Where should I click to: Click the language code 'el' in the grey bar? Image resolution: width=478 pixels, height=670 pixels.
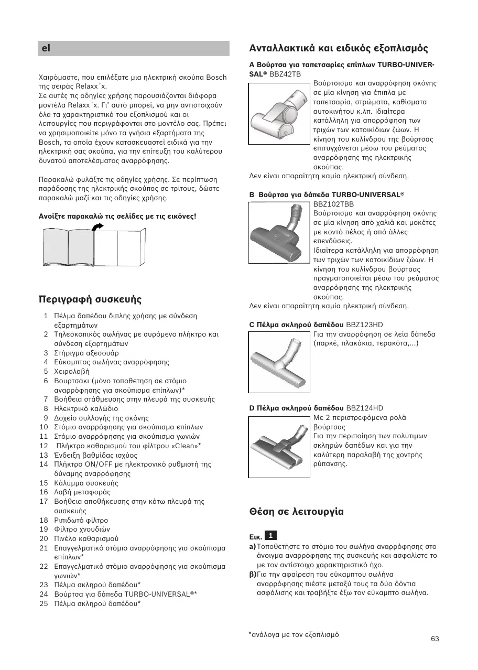click(x=46, y=48)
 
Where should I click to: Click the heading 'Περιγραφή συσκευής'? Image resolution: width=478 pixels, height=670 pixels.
click(x=90, y=299)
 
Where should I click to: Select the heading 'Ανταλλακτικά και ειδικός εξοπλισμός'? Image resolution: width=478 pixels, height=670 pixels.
click(x=339, y=48)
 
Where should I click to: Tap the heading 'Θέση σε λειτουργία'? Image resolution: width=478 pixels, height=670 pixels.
click(x=296, y=511)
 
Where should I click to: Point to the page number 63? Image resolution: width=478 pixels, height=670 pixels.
click(x=434, y=639)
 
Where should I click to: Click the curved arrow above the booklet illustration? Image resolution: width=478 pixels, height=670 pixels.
click(x=97, y=225)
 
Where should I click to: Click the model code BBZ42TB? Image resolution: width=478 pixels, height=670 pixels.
click(x=285, y=74)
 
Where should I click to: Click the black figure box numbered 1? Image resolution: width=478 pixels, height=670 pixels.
click(x=270, y=535)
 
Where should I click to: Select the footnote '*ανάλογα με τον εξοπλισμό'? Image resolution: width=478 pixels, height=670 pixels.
click(x=294, y=634)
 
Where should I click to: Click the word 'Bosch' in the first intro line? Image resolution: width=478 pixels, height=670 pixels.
click(x=216, y=78)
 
